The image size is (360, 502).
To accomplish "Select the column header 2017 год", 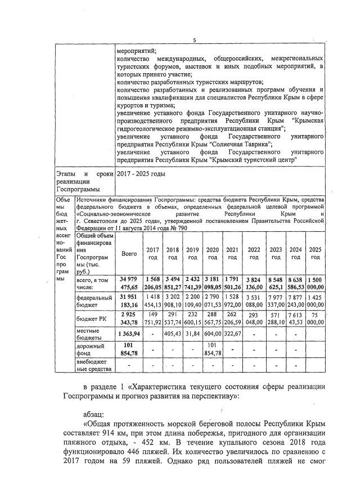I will click(x=152, y=253).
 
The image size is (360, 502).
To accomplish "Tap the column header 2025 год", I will click(x=316, y=253).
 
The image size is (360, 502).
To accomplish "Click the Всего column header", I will click(x=129, y=254).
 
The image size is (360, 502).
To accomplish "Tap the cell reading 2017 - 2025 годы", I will click(x=141, y=174).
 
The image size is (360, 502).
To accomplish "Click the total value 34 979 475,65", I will click(x=129, y=284).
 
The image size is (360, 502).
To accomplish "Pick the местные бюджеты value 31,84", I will click(x=193, y=334).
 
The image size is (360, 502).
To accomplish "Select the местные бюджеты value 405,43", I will click(x=173, y=334).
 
